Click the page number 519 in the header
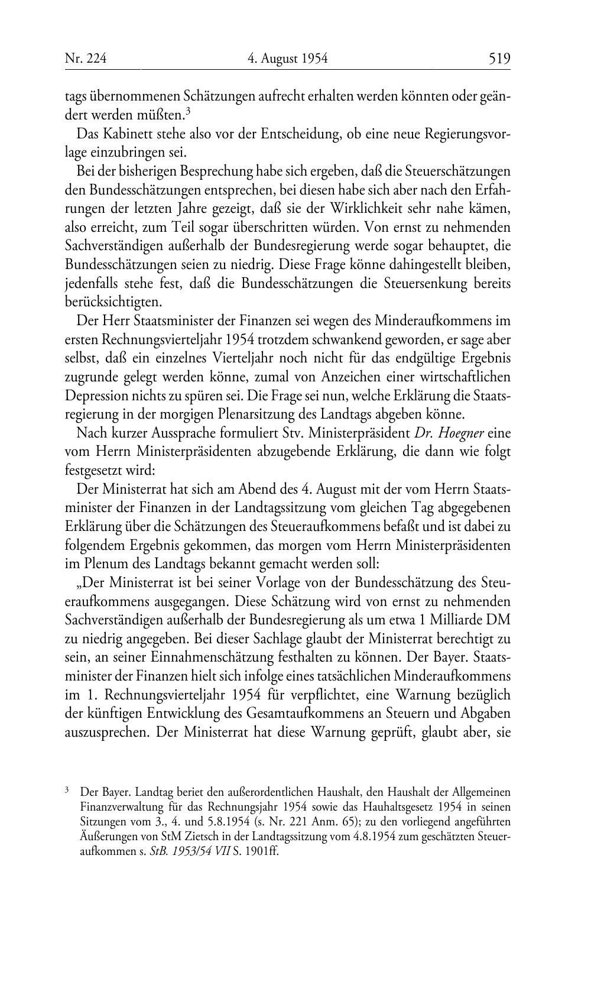[x=499, y=58]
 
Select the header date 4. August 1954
[x=287, y=58]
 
